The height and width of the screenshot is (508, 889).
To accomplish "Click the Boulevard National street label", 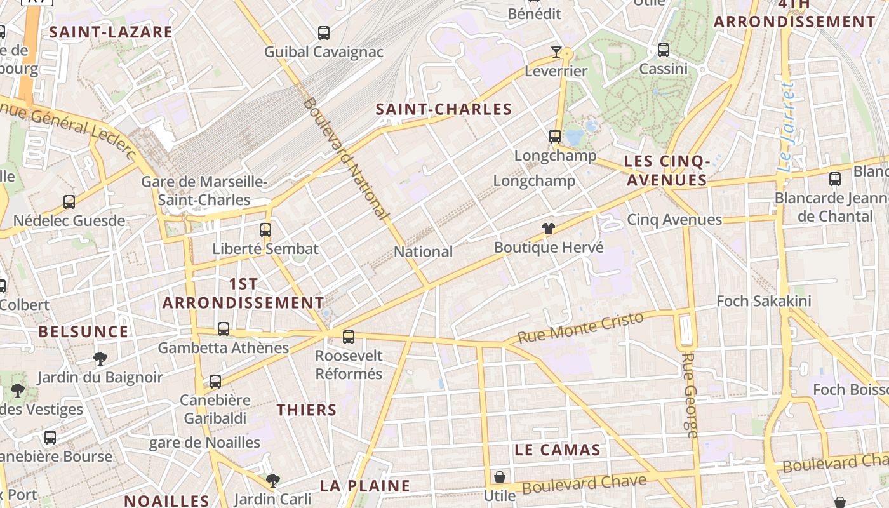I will (346, 159).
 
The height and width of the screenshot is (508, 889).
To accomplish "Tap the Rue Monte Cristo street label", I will (581, 327).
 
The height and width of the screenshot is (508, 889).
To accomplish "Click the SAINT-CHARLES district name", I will (444, 109).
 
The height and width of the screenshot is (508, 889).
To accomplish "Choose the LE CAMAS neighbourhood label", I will (558, 450).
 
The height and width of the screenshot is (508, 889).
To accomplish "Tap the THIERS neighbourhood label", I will (307, 410).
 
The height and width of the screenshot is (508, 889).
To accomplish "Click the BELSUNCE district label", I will (83, 331).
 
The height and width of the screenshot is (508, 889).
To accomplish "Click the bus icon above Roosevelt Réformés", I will (349, 337).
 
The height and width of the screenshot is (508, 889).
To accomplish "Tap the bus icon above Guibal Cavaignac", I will (324, 32).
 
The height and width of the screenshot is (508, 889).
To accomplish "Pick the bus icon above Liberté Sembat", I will (265, 230).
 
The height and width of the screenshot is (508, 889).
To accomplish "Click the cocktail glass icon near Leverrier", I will (556, 51).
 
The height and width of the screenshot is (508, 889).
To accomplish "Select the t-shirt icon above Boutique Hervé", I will (549, 229).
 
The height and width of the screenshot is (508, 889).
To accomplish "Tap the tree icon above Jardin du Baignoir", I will (100, 359).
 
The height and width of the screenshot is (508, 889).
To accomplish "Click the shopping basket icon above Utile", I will (500, 476).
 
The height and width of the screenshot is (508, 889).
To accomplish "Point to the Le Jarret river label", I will (787, 127).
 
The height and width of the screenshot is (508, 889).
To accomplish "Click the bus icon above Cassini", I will (664, 50).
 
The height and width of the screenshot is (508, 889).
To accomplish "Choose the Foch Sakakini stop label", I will (764, 300).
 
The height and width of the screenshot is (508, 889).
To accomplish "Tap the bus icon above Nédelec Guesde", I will (69, 202).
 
